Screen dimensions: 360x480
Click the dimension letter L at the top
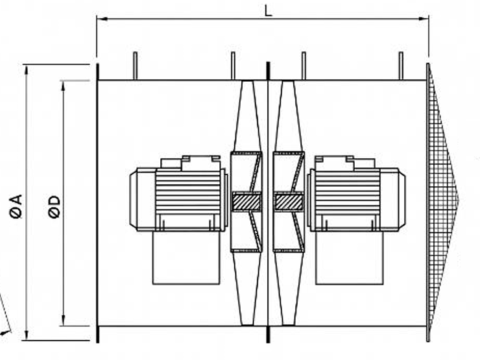[x=268, y=10]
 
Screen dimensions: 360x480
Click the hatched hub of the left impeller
[x=246, y=202]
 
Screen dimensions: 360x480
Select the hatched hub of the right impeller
[x=289, y=202]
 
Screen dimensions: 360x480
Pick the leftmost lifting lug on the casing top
[x=135, y=66]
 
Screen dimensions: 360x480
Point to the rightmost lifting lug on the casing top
[x=400, y=66]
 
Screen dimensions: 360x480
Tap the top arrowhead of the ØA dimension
[x=27, y=69]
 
